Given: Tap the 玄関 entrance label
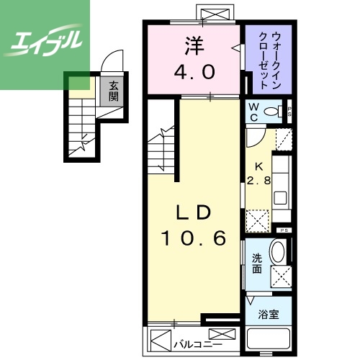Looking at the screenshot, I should coord(114,91).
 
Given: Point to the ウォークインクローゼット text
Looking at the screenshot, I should coord(268,58).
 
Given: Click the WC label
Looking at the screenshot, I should coord(253,112).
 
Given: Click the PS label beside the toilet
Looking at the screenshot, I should coord(289,112).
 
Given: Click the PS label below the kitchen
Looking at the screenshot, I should coord(284,230).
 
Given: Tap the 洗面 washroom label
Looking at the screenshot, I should coord(257,264).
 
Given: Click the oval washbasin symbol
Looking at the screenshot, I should coord(277,253).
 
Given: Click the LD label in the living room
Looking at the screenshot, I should coord(194,212).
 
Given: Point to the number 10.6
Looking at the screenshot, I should coord(194,237).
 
